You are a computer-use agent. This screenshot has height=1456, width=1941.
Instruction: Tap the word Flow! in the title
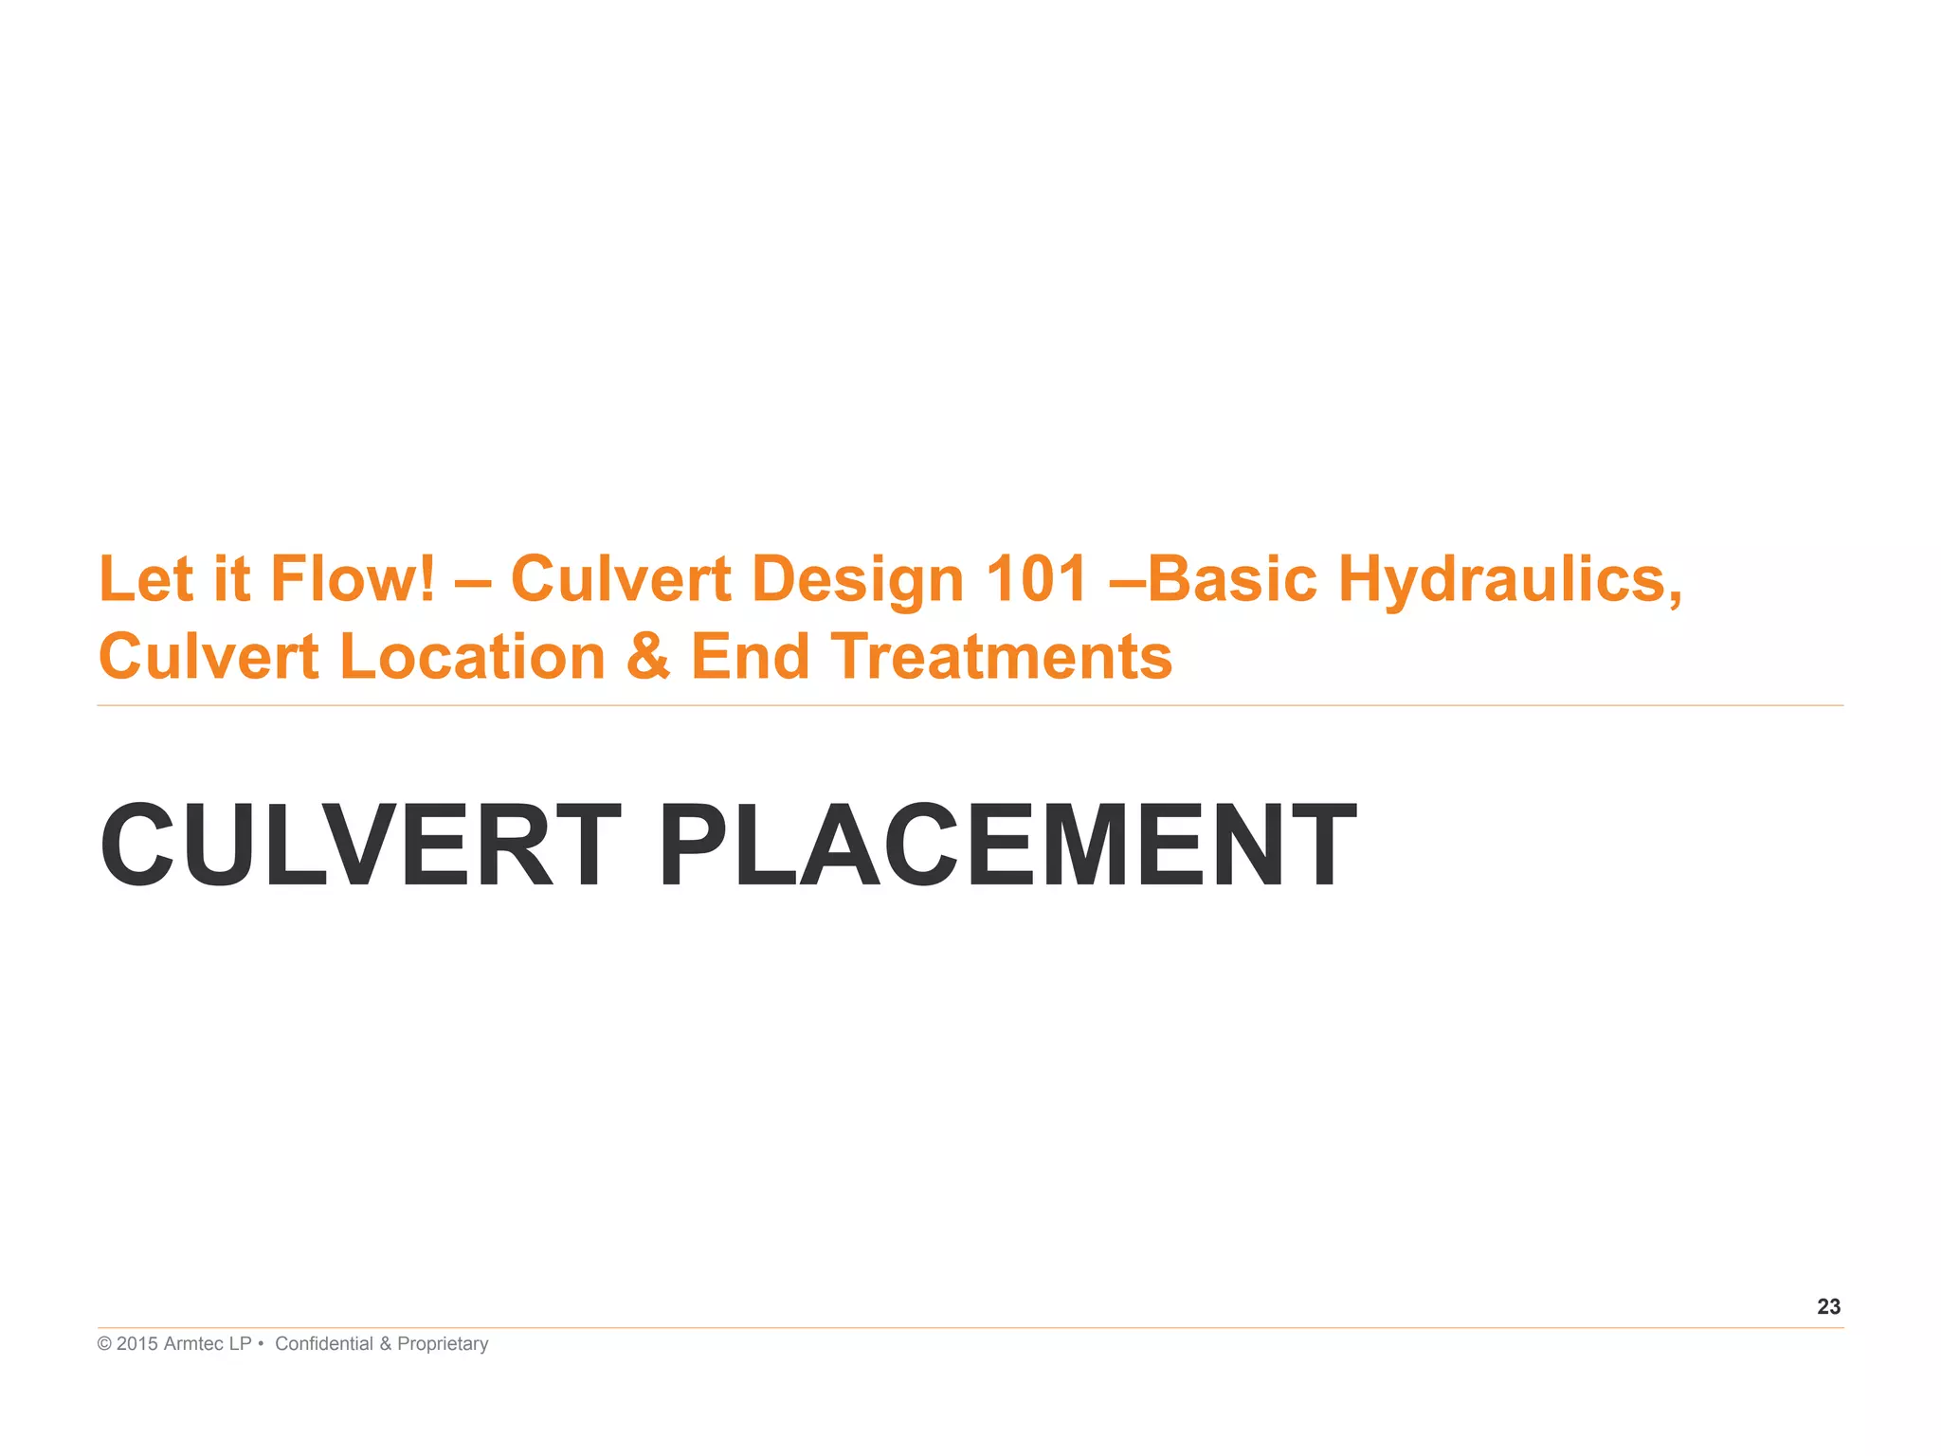[x=353, y=579]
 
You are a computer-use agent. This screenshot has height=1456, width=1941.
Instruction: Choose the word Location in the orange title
[x=472, y=657]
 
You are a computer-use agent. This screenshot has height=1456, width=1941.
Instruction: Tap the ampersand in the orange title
[x=648, y=657]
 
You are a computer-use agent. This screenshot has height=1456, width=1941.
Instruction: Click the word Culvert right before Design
[x=621, y=579]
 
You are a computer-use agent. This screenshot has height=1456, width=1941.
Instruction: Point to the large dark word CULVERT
[x=361, y=845]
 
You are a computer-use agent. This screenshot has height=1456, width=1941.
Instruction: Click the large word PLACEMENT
[x=1007, y=845]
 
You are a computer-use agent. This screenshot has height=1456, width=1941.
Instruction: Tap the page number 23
[x=1828, y=1307]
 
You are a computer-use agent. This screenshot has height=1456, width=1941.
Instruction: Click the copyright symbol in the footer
[x=104, y=1344]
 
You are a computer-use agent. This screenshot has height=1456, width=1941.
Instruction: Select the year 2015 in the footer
[x=137, y=1344]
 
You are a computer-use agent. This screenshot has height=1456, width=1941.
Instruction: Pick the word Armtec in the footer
[x=193, y=1344]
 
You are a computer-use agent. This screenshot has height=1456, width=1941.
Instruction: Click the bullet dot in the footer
[x=261, y=1344]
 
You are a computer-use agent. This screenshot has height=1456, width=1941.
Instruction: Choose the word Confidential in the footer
[x=324, y=1344]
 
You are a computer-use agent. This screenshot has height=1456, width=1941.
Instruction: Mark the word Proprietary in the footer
[x=443, y=1344]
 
